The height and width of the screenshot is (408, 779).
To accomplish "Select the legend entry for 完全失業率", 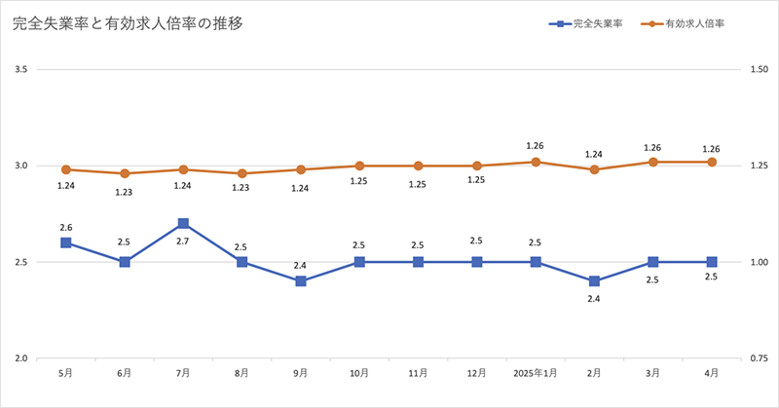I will (597, 23).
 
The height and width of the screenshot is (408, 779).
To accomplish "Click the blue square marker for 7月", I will (183, 224).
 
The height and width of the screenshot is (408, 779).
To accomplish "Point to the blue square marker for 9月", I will (301, 281).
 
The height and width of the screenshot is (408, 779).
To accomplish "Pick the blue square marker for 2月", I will (594, 281).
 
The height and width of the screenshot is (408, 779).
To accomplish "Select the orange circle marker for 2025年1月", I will (536, 162).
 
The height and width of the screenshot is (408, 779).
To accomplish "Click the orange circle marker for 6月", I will (125, 173).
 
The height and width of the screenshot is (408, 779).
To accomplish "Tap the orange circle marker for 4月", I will (712, 162).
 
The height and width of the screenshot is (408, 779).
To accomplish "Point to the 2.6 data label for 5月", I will (66, 226).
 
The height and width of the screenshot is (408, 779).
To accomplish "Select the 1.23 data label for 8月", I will (241, 188).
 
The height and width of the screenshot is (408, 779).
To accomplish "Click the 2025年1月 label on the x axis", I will (535, 373).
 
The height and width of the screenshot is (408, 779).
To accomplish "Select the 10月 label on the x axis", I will (359, 373).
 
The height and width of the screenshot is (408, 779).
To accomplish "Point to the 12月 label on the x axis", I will (476, 373).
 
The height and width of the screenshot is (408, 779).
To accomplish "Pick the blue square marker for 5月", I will (66, 242).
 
